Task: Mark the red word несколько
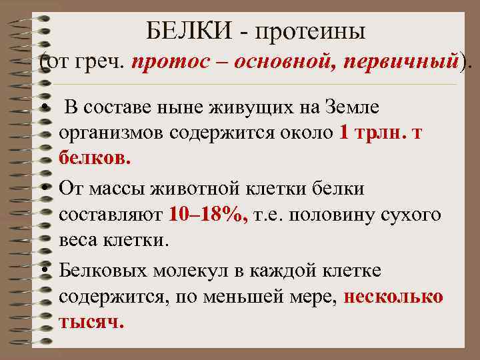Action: point(394,297)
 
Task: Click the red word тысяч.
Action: point(91,323)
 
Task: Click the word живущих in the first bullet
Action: point(242,107)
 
